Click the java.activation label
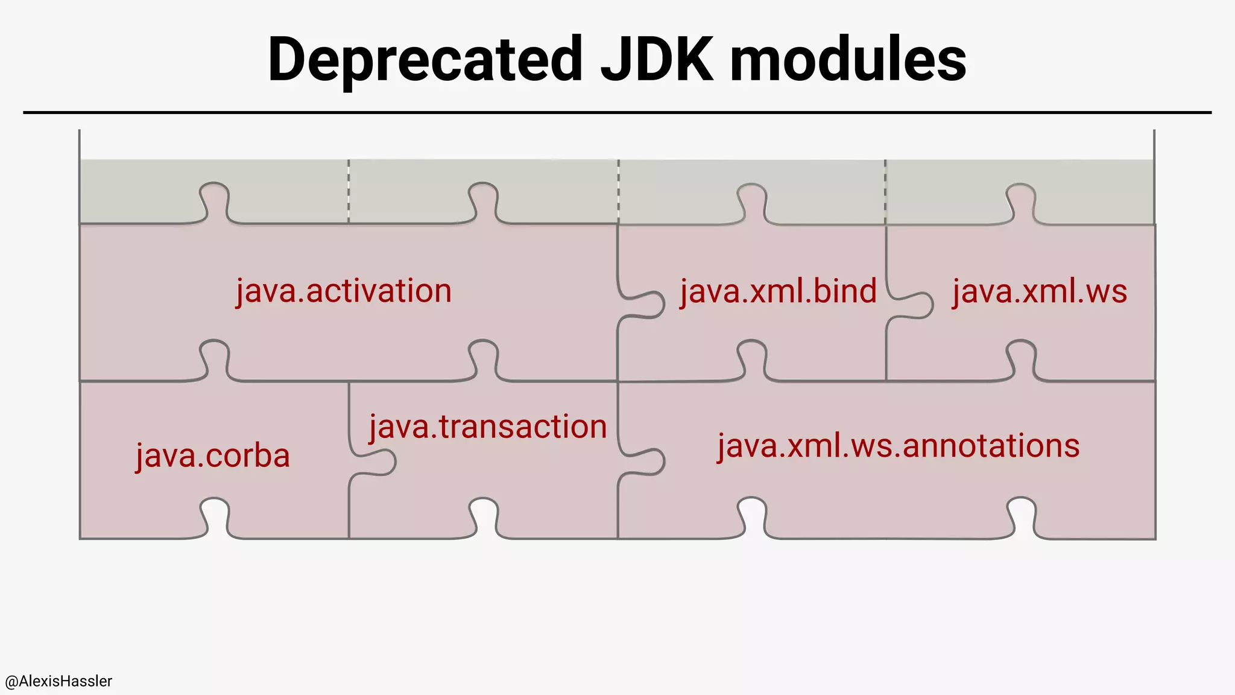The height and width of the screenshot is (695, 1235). [x=343, y=291]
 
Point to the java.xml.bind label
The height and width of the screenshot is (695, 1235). [x=778, y=291]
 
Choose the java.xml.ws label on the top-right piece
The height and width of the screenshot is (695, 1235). [x=1040, y=291]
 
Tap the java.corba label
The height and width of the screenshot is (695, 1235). [x=212, y=455]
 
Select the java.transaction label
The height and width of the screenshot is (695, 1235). [x=488, y=427]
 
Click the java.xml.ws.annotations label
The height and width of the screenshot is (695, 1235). [x=899, y=446]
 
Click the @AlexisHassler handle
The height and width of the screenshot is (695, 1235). [x=58, y=681]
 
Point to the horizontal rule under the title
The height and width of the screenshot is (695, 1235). [x=617, y=112]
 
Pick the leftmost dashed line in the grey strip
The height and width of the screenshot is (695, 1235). [x=349, y=191]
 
